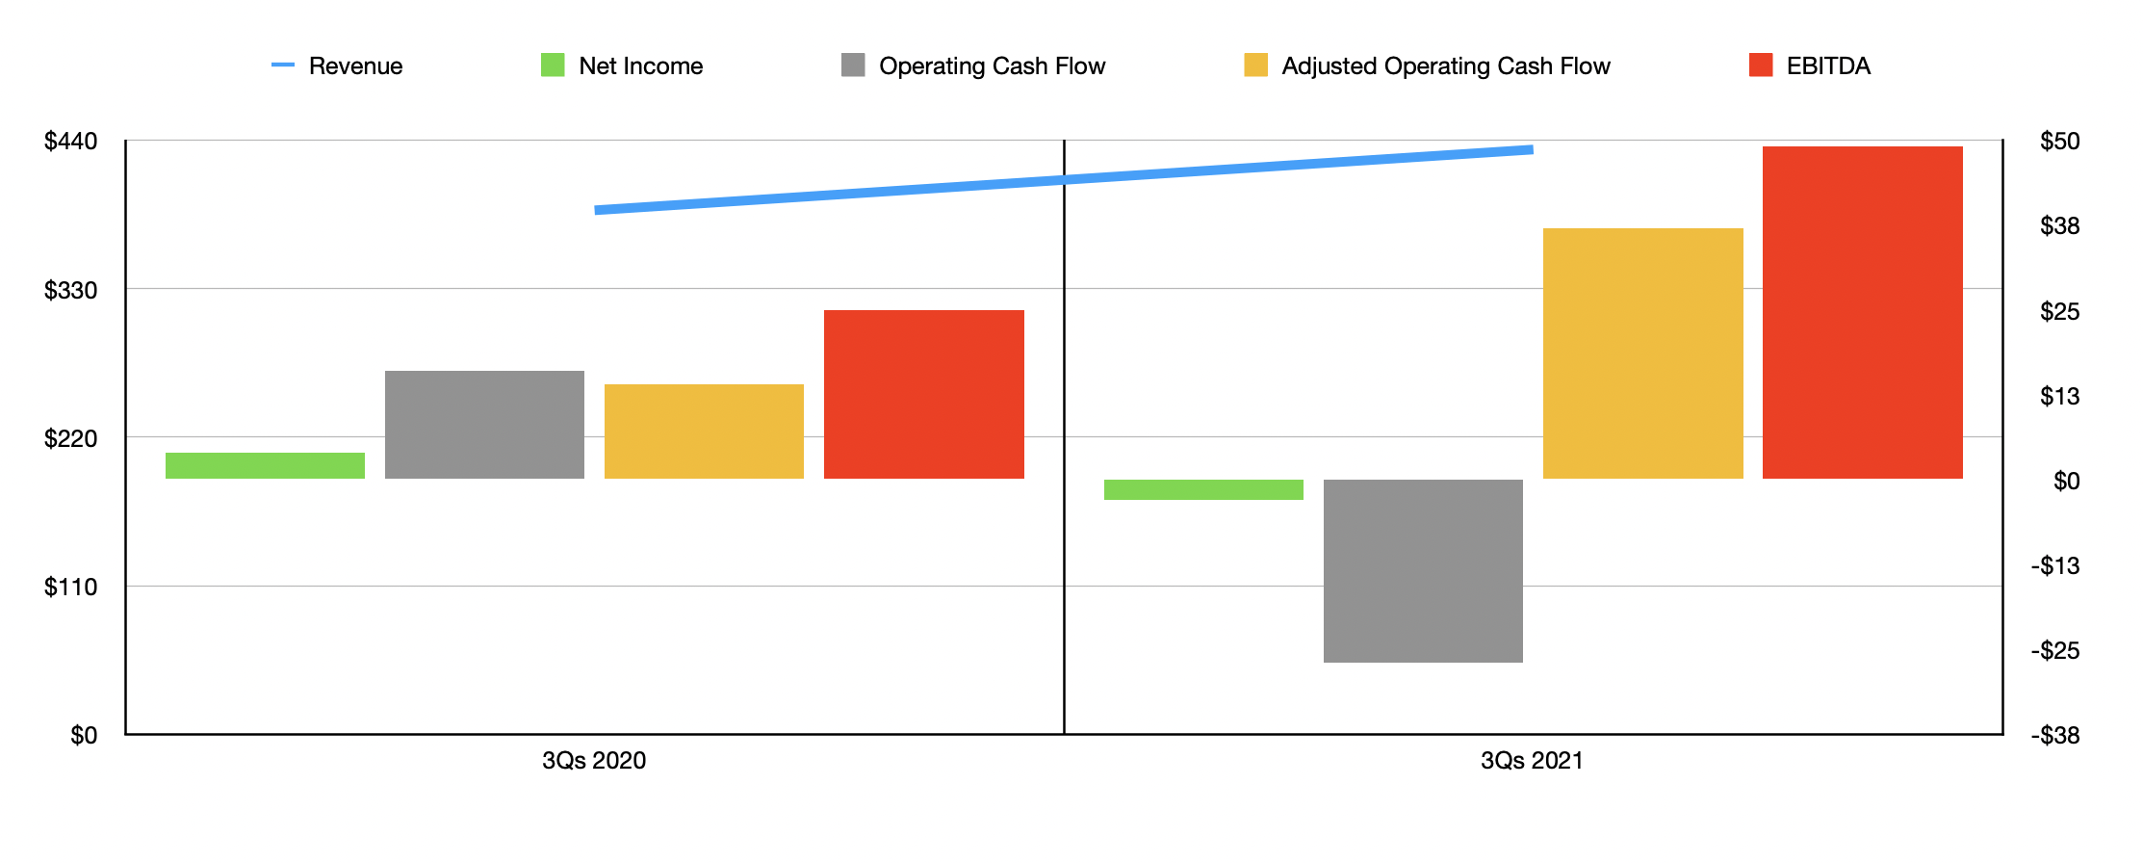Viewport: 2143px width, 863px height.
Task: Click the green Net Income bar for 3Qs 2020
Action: (x=265, y=465)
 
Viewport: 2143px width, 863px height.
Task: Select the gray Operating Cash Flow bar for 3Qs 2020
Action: (x=484, y=424)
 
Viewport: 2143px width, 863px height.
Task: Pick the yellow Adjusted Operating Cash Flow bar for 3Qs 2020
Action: (x=704, y=431)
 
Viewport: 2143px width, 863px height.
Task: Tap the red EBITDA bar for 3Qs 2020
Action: (x=923, y=394)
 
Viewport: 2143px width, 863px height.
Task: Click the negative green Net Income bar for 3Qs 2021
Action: (x=1203, y=489)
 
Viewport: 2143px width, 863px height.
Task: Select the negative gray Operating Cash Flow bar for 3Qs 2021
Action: (x=1423, y=570)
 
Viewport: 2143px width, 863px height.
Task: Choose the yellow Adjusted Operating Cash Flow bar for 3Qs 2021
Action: (x=1642, y=353)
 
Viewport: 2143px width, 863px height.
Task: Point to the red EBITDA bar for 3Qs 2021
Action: (x=1862, y=312)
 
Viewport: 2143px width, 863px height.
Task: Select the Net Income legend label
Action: (x=640, y=65)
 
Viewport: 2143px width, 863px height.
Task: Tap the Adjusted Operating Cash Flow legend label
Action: (x=1445, y=65)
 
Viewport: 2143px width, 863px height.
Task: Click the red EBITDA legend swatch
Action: (x=1761, y=65)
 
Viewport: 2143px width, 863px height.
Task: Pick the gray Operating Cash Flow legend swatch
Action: (x=853, y=65)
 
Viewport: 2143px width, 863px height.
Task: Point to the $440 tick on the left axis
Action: (x=70, y=142)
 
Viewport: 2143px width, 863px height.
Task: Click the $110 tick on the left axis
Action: (x=70, y=587)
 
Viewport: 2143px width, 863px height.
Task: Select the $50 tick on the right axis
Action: (x=2059, y=142)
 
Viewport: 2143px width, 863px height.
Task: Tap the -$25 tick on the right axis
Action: (x=2055, y=651)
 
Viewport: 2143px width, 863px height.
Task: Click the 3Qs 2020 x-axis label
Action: (x=594, y=761)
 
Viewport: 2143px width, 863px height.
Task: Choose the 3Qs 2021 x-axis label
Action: (x=1532, y=761)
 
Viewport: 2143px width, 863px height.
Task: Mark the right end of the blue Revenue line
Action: (x=1531, y=149)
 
